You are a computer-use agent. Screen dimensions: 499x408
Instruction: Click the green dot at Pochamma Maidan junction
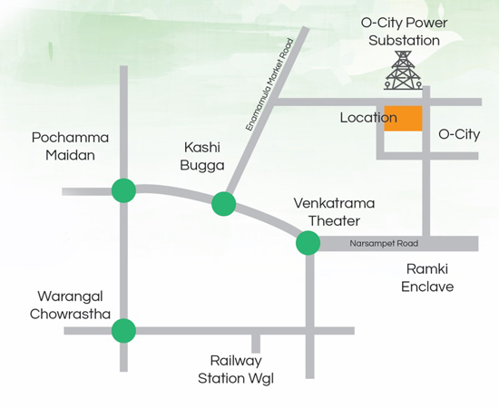pos(123,190)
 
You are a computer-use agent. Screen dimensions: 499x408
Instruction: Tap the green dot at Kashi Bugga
pos(224,204)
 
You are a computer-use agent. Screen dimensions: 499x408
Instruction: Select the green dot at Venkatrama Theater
pos(308,243)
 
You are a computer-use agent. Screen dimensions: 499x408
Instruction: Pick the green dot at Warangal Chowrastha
pos(123,331)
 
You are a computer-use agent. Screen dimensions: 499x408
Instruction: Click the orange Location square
pos(403,118)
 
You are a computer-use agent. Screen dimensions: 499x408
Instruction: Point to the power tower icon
pos(403,70)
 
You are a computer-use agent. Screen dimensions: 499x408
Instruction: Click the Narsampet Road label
pos(384,244)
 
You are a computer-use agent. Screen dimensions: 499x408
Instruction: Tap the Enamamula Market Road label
pos(269,84)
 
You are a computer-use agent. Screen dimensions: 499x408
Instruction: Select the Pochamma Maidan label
pos(70,146)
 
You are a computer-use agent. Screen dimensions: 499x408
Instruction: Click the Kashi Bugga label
pos(202,157)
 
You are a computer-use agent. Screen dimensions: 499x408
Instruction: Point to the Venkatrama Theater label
pos(334,212)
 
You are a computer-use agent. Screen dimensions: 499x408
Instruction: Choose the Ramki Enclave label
pos(427,278)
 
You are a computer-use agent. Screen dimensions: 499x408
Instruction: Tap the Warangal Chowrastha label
pos(70,306)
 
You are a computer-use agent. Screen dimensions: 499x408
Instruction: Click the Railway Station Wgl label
pos(236,370)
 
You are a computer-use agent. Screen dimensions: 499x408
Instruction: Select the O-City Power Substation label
pos(404,32)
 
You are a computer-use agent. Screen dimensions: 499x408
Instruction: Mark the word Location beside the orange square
pos(368,118)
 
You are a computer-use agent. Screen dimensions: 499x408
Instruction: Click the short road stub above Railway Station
pos(256,344)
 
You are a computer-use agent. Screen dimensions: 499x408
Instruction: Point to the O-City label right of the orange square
pos(459,134)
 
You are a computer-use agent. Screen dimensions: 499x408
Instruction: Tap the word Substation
pos(404,41)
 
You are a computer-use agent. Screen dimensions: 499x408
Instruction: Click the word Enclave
pos(427,287)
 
